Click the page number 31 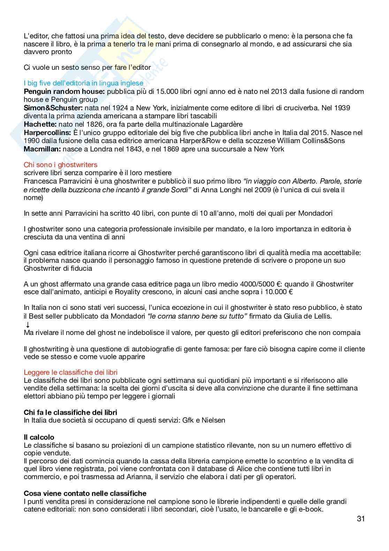[361, 519]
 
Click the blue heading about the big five [83, 83]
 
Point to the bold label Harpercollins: [47, 133]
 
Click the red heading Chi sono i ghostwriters [60, 164]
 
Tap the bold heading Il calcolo [39, 437]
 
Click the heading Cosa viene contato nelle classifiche [85, 493]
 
